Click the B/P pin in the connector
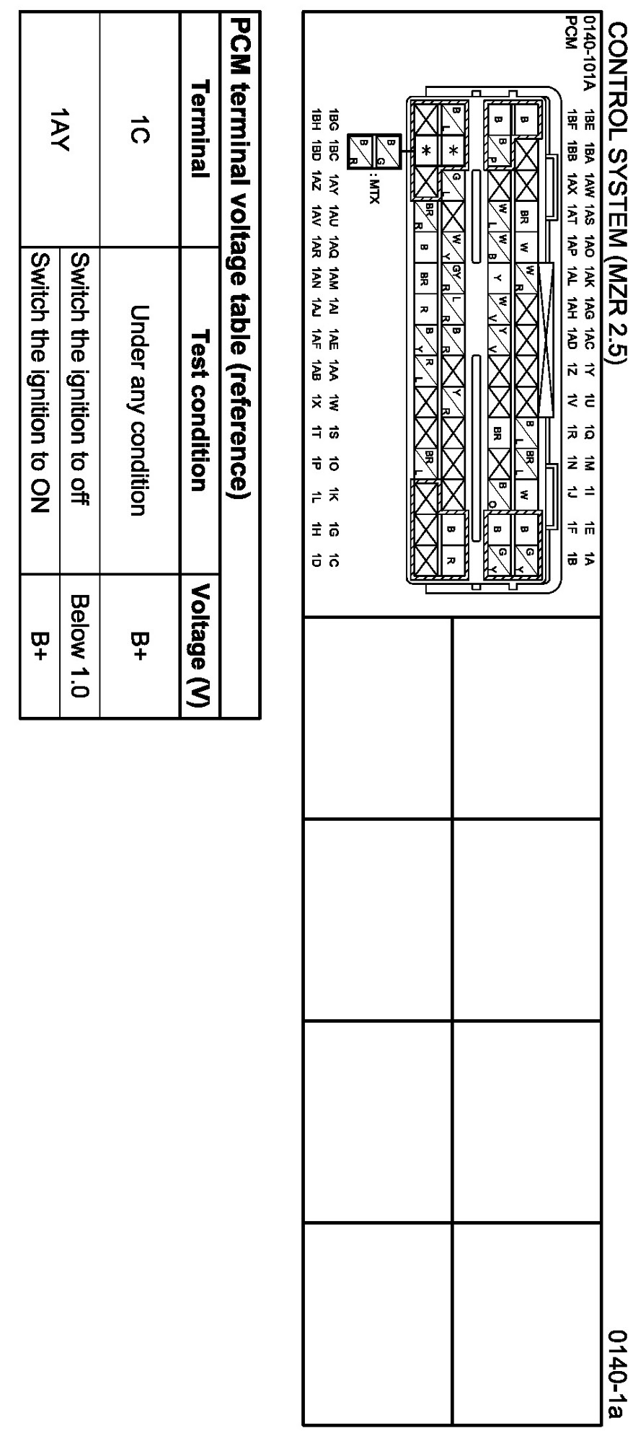(x=497, y=150)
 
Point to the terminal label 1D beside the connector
(x=316, y=560)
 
